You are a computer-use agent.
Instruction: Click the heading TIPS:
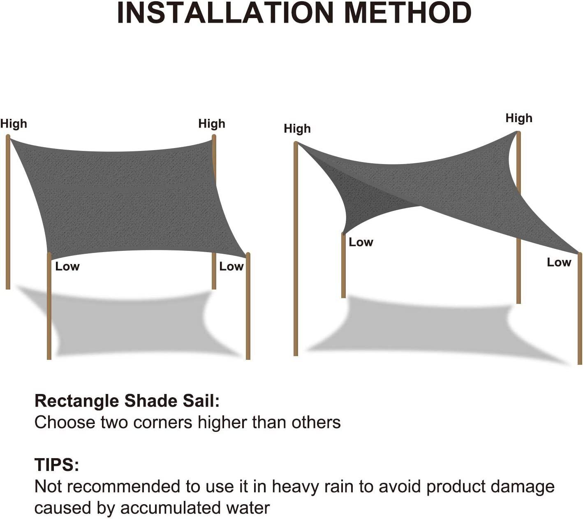(x=57, y=465)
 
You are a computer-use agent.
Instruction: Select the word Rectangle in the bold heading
(x=77, y=401)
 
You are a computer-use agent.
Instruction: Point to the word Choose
(x=65, y=422)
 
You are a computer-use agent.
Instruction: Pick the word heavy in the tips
(x=295, y=487)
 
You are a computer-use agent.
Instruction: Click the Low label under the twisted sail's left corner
(x=361, y=242)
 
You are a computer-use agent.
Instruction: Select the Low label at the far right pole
(x=559, y=262)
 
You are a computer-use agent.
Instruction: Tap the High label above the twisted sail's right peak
(x=519, y=118)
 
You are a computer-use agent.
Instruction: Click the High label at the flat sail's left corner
(x=14, y=124)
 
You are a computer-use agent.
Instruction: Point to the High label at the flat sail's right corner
(x=212, y=124)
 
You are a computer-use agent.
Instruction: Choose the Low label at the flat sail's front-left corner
(x=67, y=266)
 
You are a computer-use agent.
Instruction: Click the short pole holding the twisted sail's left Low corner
(x=343, y=267)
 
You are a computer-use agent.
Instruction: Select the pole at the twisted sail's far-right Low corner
(x=580, y=308)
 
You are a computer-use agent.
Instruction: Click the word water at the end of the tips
(x=249, y=508)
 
